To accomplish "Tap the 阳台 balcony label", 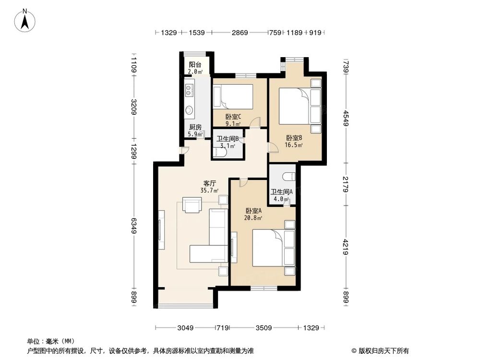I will click(x=195, y=65).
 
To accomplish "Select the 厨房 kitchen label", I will click(x=195, y=127).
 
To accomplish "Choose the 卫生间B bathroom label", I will click(x=228, y=139).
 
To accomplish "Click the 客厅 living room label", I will click(x=209, y=183).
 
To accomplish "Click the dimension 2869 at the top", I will click(x=240, y=33).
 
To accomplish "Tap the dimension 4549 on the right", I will click(x=346, y=117).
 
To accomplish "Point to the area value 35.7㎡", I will click(x=209, y=190).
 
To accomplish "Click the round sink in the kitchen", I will click(x=189, y=110).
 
